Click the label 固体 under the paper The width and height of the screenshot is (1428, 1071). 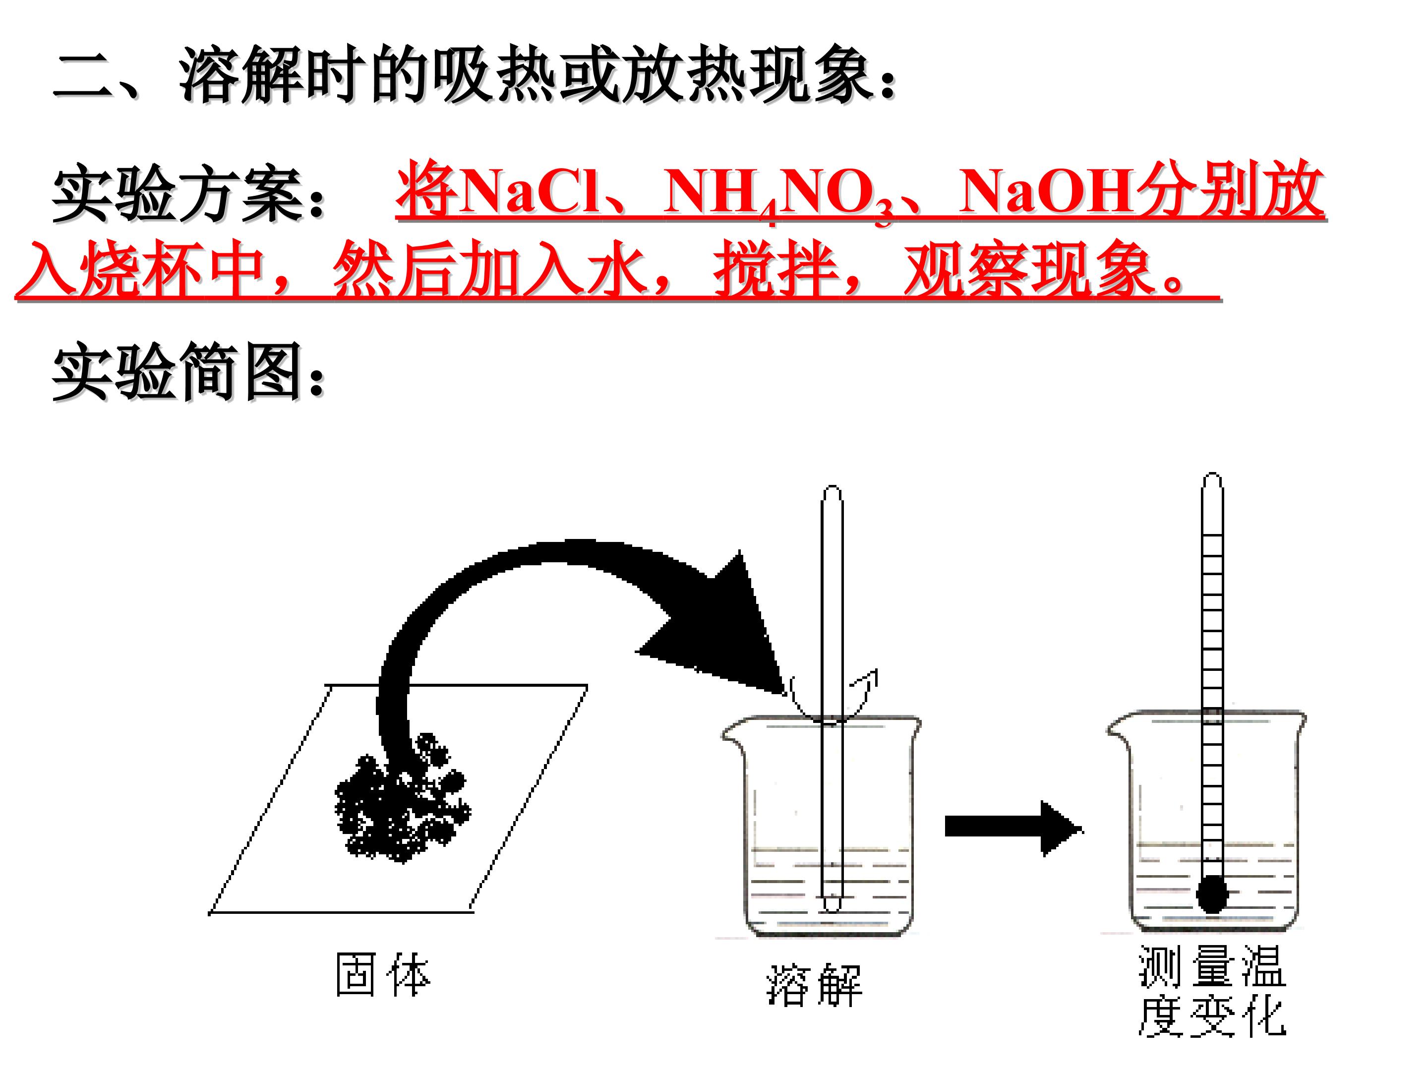383,975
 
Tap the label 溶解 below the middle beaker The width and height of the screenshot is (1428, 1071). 814,985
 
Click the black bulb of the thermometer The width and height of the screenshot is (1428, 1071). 1212,894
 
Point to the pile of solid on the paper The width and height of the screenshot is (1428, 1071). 402,798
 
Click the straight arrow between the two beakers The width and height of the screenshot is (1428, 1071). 1013,827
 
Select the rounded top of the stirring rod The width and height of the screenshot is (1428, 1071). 832,492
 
